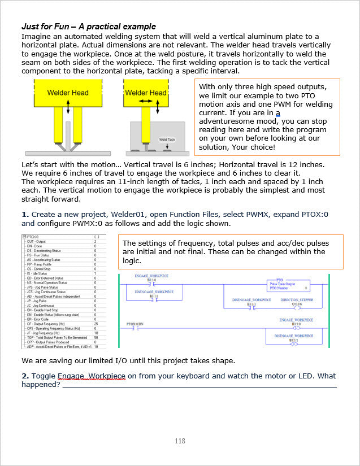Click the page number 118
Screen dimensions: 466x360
pyautogui.click(x=180, y=441)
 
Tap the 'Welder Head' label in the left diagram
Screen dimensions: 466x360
pyautogui.click(x=67, y=93)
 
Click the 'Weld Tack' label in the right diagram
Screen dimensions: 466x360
pyautogui.click(x=167, y=139)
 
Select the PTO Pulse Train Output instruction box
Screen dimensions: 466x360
pyautogui.click(x=288, y=285)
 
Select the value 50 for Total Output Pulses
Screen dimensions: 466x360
pyautogui.click(x=96, y=337)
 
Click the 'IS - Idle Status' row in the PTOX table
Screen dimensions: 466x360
pyautogui.click(x=42, y=273)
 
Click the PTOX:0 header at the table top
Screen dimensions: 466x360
pyautogui.click(x=34, y=237)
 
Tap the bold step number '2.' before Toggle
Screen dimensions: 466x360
pyautogui.click(x=25, y=376)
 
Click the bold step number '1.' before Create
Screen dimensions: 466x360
pyautogui.click(x=25, y=215)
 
